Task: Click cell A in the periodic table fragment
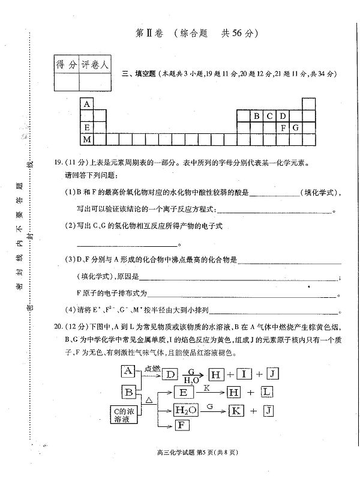[x=88, y=104]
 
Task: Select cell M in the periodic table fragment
[x=88, y=140]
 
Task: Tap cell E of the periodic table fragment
[x=88, y=128]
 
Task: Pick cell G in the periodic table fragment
[x=295, y=128]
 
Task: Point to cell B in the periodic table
[x=257, y=116]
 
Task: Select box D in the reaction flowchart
[x=171, y=375]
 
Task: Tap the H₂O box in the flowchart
[x=185, y=411]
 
